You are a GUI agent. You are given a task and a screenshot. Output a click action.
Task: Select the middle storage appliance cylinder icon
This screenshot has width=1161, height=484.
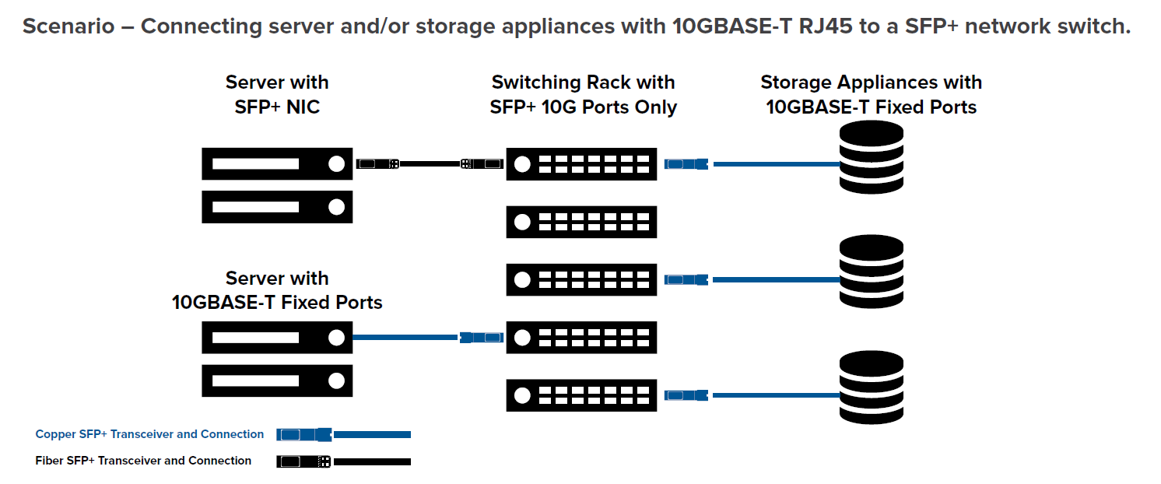tap(871, 272)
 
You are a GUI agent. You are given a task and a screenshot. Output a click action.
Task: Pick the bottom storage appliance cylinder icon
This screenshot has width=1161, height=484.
tap(871, 388)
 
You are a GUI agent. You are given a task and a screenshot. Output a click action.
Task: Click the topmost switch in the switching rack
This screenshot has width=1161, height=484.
tap(581, 164)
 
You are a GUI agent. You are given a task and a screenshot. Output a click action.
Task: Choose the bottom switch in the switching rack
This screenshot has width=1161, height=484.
tap(581, 395)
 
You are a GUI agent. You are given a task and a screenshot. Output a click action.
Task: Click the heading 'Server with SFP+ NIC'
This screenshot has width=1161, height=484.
tap(277, 94)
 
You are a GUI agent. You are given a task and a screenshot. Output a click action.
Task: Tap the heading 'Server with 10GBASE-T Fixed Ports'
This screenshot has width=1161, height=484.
tap(277, 290)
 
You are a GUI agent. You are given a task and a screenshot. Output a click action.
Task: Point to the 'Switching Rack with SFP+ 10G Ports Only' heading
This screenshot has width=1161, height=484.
tap(583, 94)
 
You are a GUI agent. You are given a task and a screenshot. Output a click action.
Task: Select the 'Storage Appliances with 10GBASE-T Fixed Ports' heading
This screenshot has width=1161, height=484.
tap(871, 94)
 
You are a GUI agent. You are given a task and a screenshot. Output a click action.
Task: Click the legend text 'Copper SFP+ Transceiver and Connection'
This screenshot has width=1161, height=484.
tap(149, 434)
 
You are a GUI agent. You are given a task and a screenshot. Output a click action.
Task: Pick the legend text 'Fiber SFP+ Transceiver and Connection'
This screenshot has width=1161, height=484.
tap(143, 461)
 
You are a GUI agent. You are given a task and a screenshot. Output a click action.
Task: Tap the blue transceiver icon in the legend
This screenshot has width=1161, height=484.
tap(304, 434)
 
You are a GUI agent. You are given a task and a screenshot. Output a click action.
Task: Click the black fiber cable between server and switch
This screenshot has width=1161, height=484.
tap(430, 164)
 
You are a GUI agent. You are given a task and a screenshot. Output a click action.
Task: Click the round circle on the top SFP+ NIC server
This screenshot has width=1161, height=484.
tap(336, 164)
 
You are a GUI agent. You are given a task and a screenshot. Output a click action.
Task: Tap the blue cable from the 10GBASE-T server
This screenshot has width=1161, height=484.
tap(405, 338)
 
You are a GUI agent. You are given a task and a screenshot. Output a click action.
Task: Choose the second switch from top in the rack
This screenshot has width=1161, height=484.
tap(581, 222)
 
